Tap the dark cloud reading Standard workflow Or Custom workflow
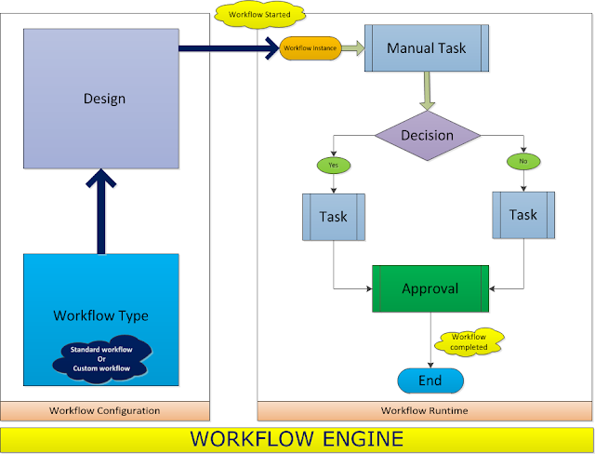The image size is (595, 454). pos(100,359)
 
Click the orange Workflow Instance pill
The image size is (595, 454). pos(311,47)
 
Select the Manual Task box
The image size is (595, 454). pos(427,47)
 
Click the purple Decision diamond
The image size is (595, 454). pos(427,136)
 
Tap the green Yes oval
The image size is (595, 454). pos(333,165)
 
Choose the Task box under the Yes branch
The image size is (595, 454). pos(333,217)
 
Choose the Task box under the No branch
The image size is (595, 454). pos(522,215)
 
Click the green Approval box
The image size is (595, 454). pos(430,288)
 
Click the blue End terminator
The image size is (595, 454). pos(430,380)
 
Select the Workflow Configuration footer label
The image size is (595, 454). pos(104,410)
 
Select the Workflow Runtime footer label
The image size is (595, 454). pos(424,410)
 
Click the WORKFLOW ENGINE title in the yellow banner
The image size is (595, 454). pos(297,437)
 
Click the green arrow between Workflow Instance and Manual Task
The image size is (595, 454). pos(354,47)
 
